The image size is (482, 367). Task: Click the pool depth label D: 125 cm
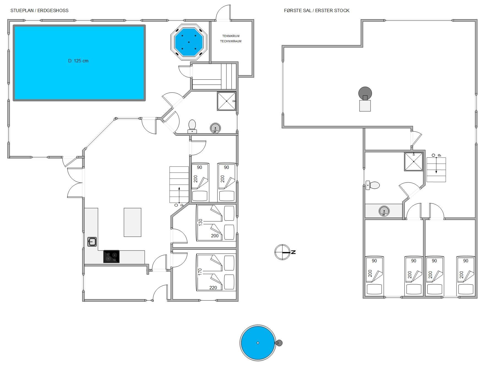pyautogui.click(x=78, y=61)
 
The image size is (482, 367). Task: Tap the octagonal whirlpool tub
pyautogui.click(x=189, y=42)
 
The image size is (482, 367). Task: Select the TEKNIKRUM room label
pyautogui.click(x=231, y=36)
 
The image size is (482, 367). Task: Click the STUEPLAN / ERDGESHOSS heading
pyautogui.click(x=39, y=10)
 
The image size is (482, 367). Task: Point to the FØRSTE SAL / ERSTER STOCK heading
pyautogui.click(x=317, y=10)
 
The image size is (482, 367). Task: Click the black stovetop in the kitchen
pyautogui.click(x=111, y=257)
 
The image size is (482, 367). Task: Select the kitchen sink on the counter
pyautogui.click(x=92, y=242)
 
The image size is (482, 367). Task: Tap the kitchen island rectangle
pyautogui.click(x=132, y=222)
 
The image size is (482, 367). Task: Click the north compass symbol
pyautogui.click(x=283, y=252)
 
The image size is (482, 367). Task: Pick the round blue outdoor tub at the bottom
pyautogui.click(x=258, y=343)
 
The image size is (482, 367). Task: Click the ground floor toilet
pyautogui.click(x=192, y=127)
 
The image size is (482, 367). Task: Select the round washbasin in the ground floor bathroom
pyautogui.click(x=215, y=128)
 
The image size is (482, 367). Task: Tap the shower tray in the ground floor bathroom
pyautogui.click(x=227, y=101)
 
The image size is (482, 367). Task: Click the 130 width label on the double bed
pyautogui.click(x=200, y=222)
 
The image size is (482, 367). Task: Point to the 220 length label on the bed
pyautogui.click(x=213, y=288)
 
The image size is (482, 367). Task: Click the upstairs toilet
pyautogui.click(x=373, y=185)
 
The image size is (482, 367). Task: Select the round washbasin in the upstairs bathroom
pyautogui.click(x=384, y=212)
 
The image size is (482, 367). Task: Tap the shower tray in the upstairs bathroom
pyautogui.click(x=414, y=162)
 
